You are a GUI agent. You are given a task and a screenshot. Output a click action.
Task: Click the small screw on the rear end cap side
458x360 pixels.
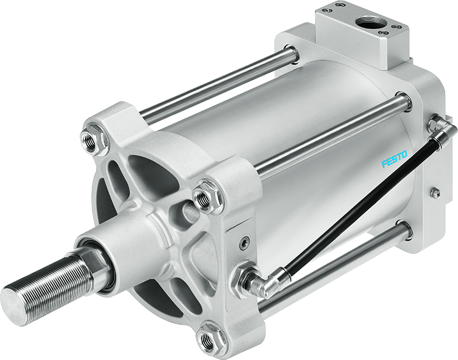click(x=436, y=192)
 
